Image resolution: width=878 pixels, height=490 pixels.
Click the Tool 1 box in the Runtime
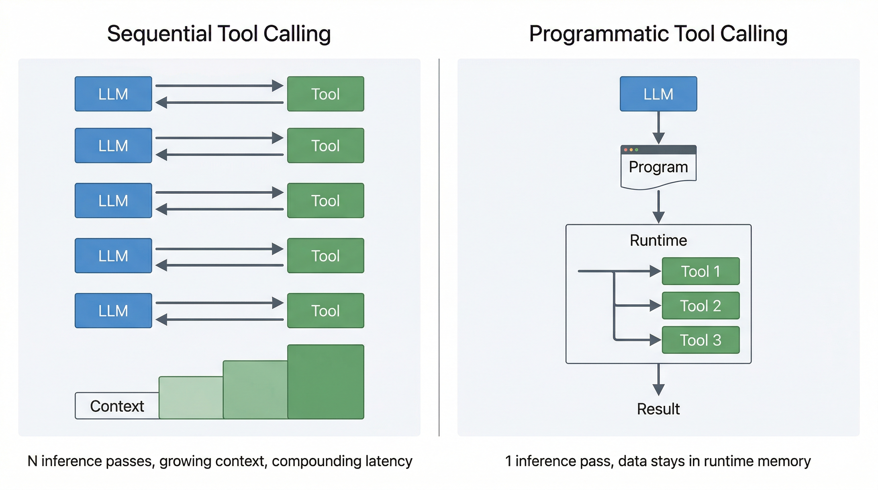(700, 271)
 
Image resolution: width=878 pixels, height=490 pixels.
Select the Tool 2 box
(700, 306)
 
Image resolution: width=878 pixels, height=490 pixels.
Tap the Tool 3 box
(700, 340)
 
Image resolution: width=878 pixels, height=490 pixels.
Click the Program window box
(658, 167)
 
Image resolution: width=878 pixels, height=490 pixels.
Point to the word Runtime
(658, 240)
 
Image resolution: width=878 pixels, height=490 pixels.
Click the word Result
(658, 409)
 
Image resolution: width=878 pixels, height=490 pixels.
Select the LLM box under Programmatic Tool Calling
(658, 94)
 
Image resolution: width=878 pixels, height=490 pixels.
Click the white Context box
(117, 406)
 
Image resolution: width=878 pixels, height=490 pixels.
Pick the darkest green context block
(325, 382)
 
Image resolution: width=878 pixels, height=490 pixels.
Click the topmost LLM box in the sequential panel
(113, 94)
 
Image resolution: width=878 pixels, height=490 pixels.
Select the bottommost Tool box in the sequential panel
(325, 310)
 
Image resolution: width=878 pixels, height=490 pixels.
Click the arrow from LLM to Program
(658, 128)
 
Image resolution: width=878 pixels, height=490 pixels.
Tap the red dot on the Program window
(625, 150)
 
